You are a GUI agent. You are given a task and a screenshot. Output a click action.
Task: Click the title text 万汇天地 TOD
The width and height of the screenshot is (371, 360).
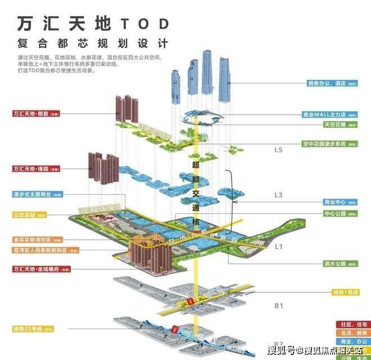coord(93,24)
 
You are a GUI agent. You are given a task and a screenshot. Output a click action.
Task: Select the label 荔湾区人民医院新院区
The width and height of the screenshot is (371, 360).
coord(40,249)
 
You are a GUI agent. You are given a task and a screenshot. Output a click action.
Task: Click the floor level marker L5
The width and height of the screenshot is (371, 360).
coord(279,151)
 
